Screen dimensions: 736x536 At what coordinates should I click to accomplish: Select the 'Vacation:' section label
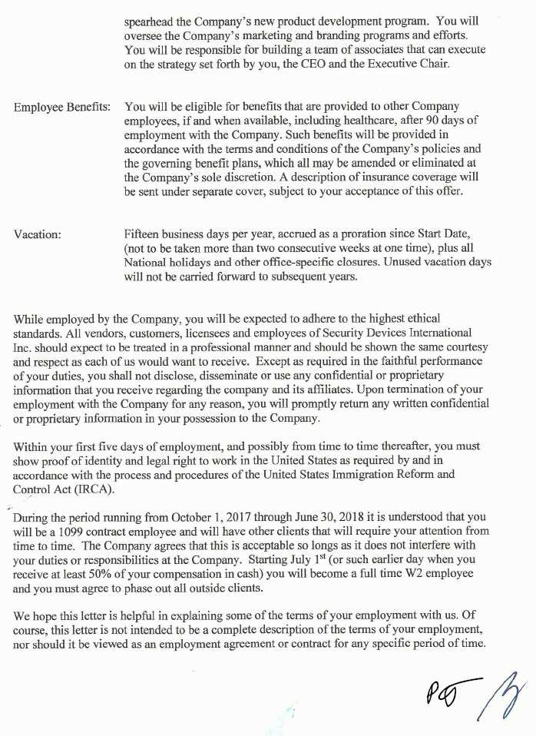tap(38, 234)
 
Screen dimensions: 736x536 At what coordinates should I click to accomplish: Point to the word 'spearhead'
tap(151, 22)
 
